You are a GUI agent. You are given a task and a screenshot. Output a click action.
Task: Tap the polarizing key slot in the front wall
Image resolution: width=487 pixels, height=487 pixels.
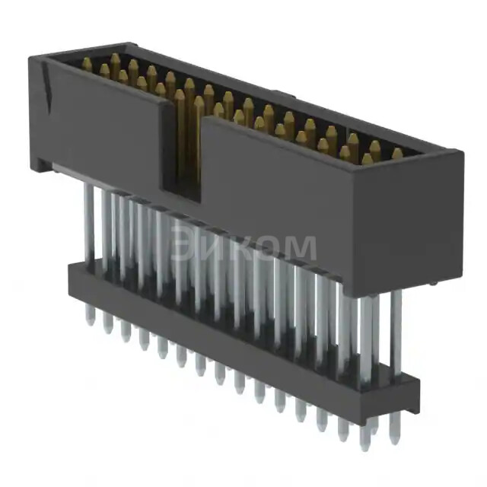(180, 152)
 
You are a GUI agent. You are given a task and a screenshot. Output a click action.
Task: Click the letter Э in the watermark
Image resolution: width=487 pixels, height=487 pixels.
(184, 245)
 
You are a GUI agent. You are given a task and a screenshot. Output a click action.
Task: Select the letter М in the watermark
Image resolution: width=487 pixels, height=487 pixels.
(299, 248)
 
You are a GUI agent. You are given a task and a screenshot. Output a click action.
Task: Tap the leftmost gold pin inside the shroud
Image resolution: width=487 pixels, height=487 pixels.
(87, 65)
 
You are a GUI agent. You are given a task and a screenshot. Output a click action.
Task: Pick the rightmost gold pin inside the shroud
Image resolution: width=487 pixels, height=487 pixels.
(396, 154)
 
